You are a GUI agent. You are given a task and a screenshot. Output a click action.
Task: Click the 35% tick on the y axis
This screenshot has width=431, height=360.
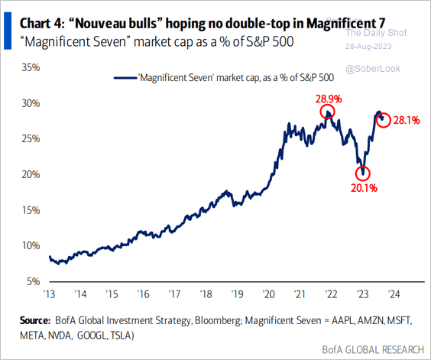[x=30, y=67]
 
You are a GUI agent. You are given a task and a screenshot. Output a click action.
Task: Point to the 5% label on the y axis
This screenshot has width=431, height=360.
[x=33, y=281]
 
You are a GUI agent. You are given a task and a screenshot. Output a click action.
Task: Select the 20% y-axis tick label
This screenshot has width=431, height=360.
[x=30, y=174]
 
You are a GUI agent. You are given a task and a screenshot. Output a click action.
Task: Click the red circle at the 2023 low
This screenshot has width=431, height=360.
[x=363, y=173]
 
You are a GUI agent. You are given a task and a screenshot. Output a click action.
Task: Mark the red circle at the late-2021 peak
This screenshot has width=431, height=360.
[x=328, y=114]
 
